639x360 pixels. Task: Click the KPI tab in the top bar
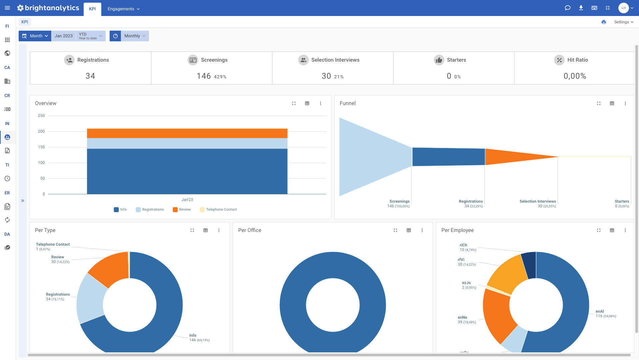pos(92,9)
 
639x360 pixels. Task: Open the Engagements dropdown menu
pos(124,9)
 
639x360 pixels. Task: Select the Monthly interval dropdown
pos(135,36)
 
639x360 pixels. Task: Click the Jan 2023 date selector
pos(64,36)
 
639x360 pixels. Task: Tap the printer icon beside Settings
pos(604,22)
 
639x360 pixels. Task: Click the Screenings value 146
pos(204,76)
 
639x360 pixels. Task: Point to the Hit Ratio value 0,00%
pos(575,76)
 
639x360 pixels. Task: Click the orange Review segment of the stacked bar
pos(187,133)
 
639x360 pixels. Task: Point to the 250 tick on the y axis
pos(41,116)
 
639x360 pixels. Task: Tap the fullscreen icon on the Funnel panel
pos(599,103)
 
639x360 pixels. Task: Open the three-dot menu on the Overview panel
pos(320,103)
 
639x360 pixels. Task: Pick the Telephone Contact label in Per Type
pos(53,244)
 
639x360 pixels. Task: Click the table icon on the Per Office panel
pos(409,230)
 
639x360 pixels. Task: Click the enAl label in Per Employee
pos(600,311)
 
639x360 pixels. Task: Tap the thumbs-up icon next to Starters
pos(439,60)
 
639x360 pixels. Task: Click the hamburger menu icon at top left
pos(7,8)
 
